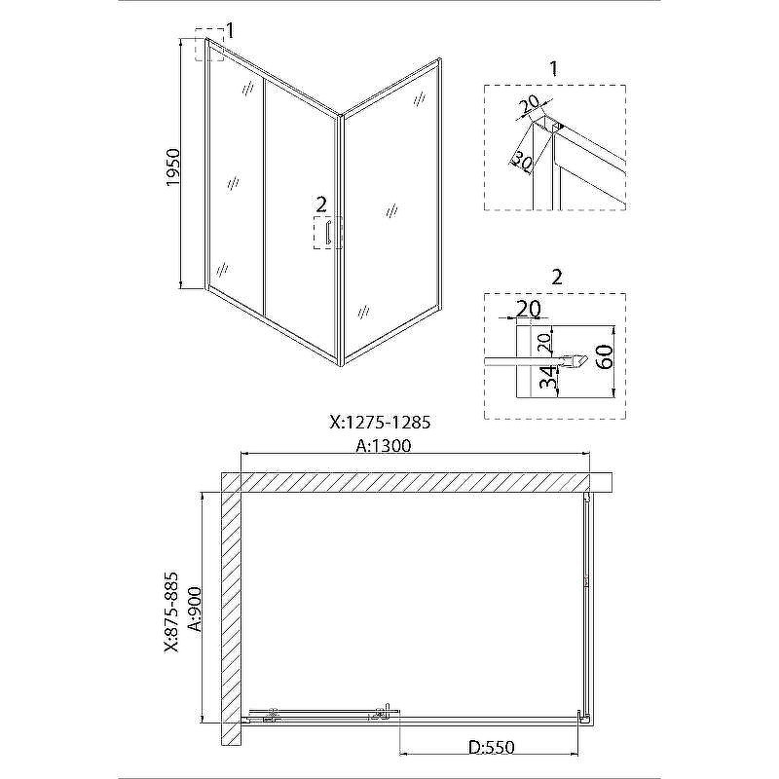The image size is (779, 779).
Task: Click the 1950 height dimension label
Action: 173,167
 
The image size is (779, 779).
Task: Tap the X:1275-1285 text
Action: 380,423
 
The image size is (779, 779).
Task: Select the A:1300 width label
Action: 384,446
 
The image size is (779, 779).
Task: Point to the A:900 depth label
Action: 197,608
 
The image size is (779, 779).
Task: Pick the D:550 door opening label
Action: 492,747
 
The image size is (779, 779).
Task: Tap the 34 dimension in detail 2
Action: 547,379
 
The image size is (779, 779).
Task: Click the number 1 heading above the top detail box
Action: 554,69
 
